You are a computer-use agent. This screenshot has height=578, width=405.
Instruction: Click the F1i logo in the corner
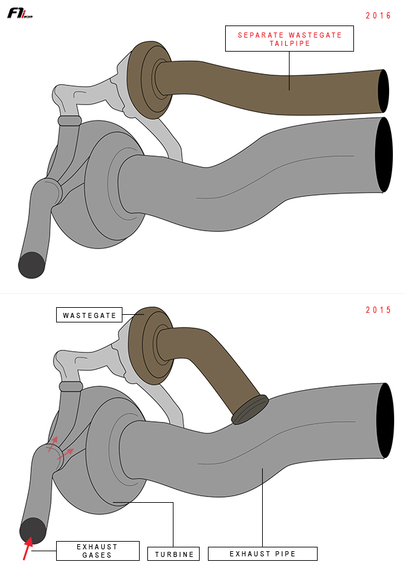[x=20, y=13]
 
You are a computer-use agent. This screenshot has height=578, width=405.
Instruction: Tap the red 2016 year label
[x=378, y=15]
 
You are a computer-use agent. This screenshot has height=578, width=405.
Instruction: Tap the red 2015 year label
[x=378, y=310]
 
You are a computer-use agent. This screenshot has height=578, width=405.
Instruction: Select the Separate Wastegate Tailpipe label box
[x=290, y=38]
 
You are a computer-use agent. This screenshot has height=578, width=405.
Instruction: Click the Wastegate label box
[x=89, y=315]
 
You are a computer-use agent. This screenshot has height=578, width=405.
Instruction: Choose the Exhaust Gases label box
[x=98, y=551]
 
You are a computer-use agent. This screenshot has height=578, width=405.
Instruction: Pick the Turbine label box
[x=173, y=554]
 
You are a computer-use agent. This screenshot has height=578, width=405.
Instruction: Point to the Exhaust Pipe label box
[x=263, y=554]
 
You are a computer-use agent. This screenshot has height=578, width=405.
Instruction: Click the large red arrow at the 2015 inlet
[x=27, y=548]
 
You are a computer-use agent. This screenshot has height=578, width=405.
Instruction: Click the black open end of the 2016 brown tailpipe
[x=383, y=91]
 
